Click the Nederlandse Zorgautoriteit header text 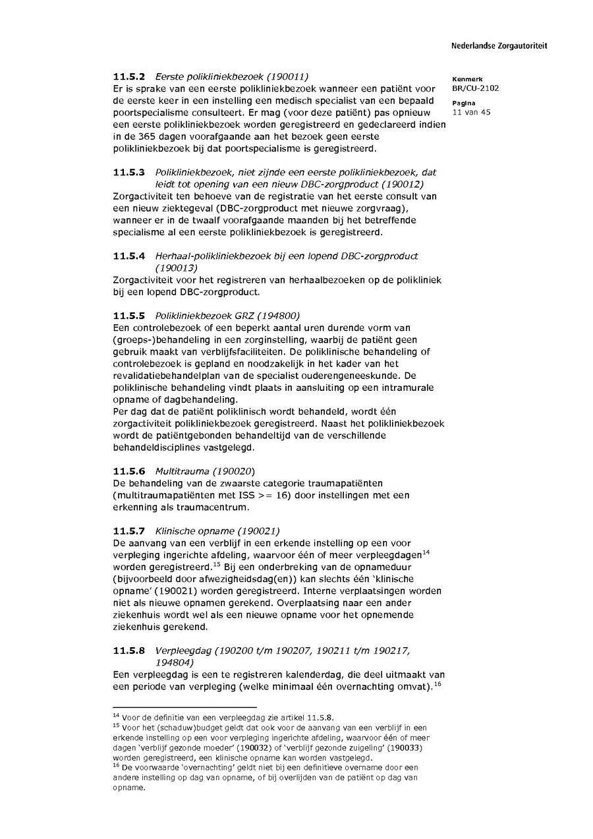click(499, 46)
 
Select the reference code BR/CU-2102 click(476, 88)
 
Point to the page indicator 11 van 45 click(472, 112)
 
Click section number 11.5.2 click(128, 76)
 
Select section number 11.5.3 click(128, 172)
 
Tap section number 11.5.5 click(128, 316)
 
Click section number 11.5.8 click(128, 651)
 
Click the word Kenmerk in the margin click(467, 79)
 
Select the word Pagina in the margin click(464, 103)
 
